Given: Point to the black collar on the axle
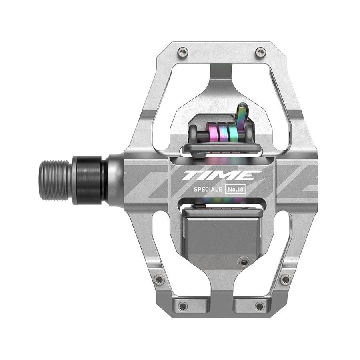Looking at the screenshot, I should pyautogui.click(x=89, y=180).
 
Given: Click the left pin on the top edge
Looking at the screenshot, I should pyautogui.click(x=183, y=51).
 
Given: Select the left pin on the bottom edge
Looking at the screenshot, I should pyautogui.click(x=183, y=306).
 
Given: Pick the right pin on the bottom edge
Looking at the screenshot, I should pyautogui.click(x=260, y=306).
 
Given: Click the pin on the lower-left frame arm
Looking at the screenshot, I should pyautogui.click(x=159, y=280).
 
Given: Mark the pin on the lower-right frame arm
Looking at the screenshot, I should pyautogui.click(x=285, y=279).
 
